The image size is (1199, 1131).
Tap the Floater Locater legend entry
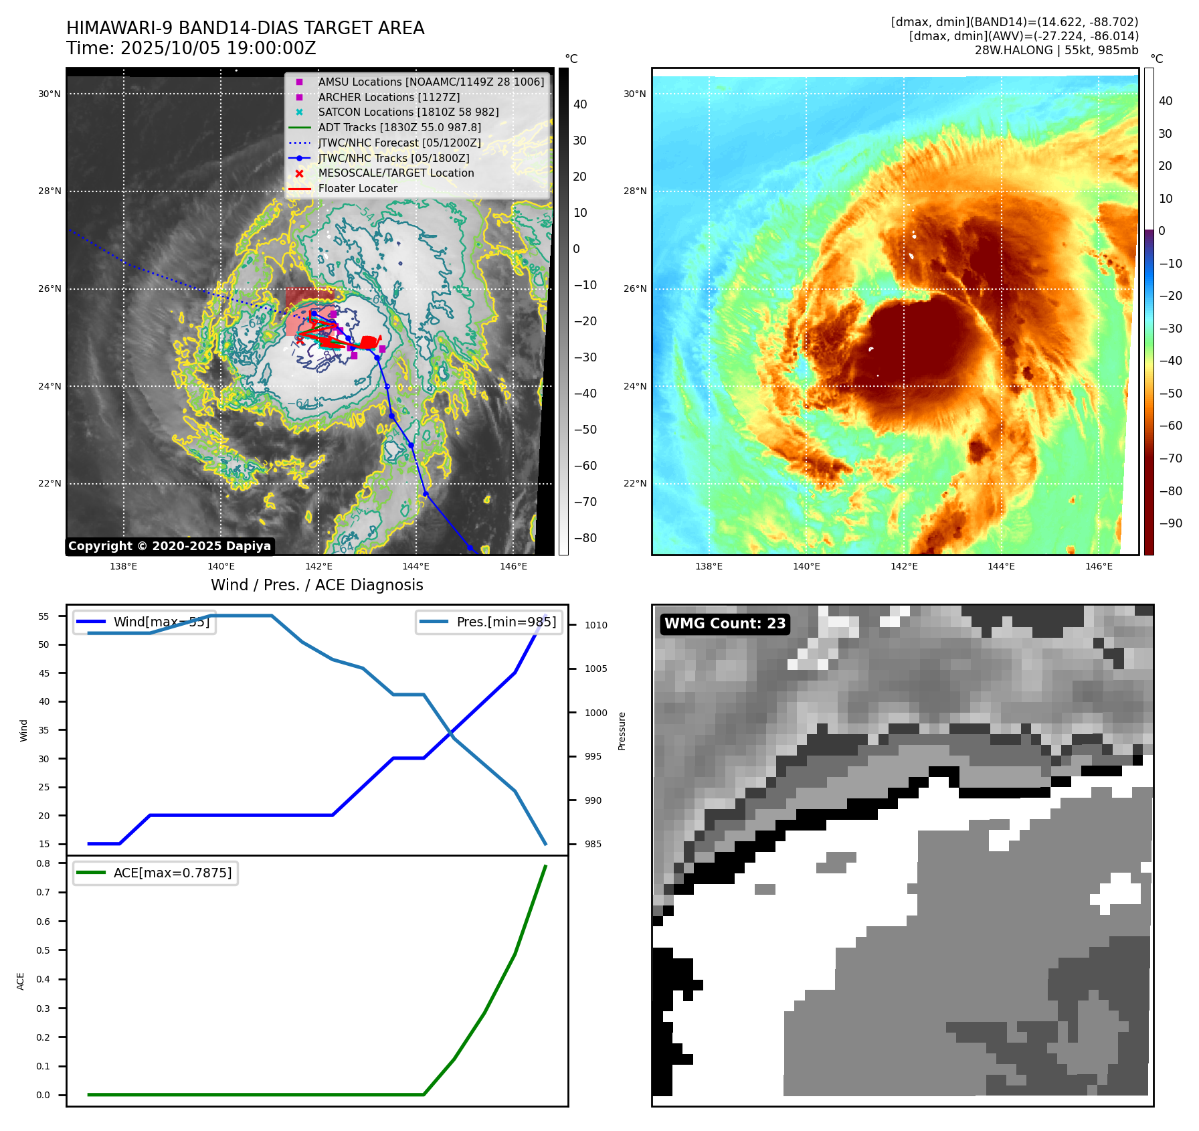click(357, 188)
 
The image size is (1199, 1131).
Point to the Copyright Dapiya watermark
click(169, 546)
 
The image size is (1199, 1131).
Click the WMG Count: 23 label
click(725, 624)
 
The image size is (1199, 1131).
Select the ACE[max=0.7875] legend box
click(155, 873)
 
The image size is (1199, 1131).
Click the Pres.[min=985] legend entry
click(488, 622)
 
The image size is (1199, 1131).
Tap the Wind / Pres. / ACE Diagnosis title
click(317, 585)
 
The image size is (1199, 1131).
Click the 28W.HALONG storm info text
click(1056, 50)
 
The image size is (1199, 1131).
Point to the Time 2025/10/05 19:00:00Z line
click(191, 48)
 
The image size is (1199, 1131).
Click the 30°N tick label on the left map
click(50, 94)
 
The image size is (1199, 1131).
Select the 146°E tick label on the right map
click(1099, 566)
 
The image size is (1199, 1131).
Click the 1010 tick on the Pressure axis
click(596, 625)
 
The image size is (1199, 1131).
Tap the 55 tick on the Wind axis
click(43, 616)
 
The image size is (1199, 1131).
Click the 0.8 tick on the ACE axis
click(43, 863)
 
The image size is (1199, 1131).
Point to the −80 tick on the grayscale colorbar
click(585, 538)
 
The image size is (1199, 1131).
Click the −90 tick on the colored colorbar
click(1170, 523)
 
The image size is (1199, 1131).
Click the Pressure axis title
click(622, 731)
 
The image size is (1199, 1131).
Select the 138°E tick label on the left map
click(123, 566)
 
